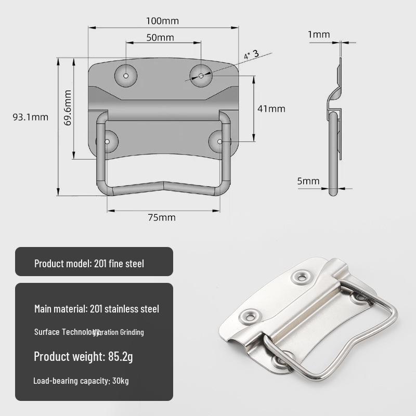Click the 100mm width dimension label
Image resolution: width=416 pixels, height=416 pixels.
tap(162, 21)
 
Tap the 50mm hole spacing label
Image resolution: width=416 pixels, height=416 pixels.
tap(160, 38)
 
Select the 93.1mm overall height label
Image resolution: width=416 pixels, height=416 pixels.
tap(30, 117)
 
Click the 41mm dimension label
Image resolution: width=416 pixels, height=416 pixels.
tap(271, 109)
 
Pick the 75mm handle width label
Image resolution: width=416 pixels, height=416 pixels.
tap(162, 217)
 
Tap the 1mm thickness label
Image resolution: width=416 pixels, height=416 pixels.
tap(319, 35)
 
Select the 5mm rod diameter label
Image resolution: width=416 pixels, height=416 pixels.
tap(308, 181)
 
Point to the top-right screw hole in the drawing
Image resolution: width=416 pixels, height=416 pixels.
tap(201, 75)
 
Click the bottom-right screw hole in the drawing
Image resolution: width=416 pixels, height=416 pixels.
tap(220, 141)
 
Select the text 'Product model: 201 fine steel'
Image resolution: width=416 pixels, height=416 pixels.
tap(89, 264)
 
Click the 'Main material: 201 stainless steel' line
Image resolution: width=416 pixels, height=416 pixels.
tap(97, 309)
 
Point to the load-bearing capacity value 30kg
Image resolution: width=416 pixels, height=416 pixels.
tap(120, 381)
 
